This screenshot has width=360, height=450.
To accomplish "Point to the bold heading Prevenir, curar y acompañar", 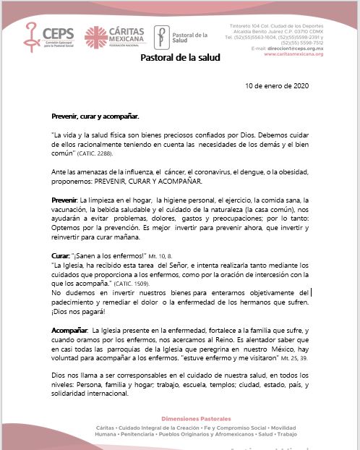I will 95,116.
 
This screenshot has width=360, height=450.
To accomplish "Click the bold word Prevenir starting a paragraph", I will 66,198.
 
